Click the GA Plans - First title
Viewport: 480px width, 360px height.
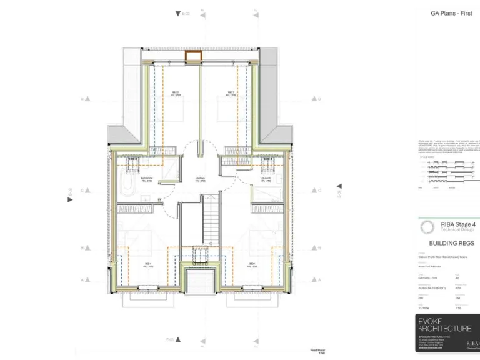click(x=451, y=13)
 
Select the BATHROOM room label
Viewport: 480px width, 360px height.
click(x=147, y=179)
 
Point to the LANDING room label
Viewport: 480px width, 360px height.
click(x=201, y=179)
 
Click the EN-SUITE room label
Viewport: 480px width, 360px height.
click(x=257, y=179)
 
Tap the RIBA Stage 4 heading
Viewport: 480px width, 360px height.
click(x=459, y=224)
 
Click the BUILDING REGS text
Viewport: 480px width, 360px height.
click(x=451, y=243)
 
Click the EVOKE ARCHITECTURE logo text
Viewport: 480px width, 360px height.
click(x=444, y=326)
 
